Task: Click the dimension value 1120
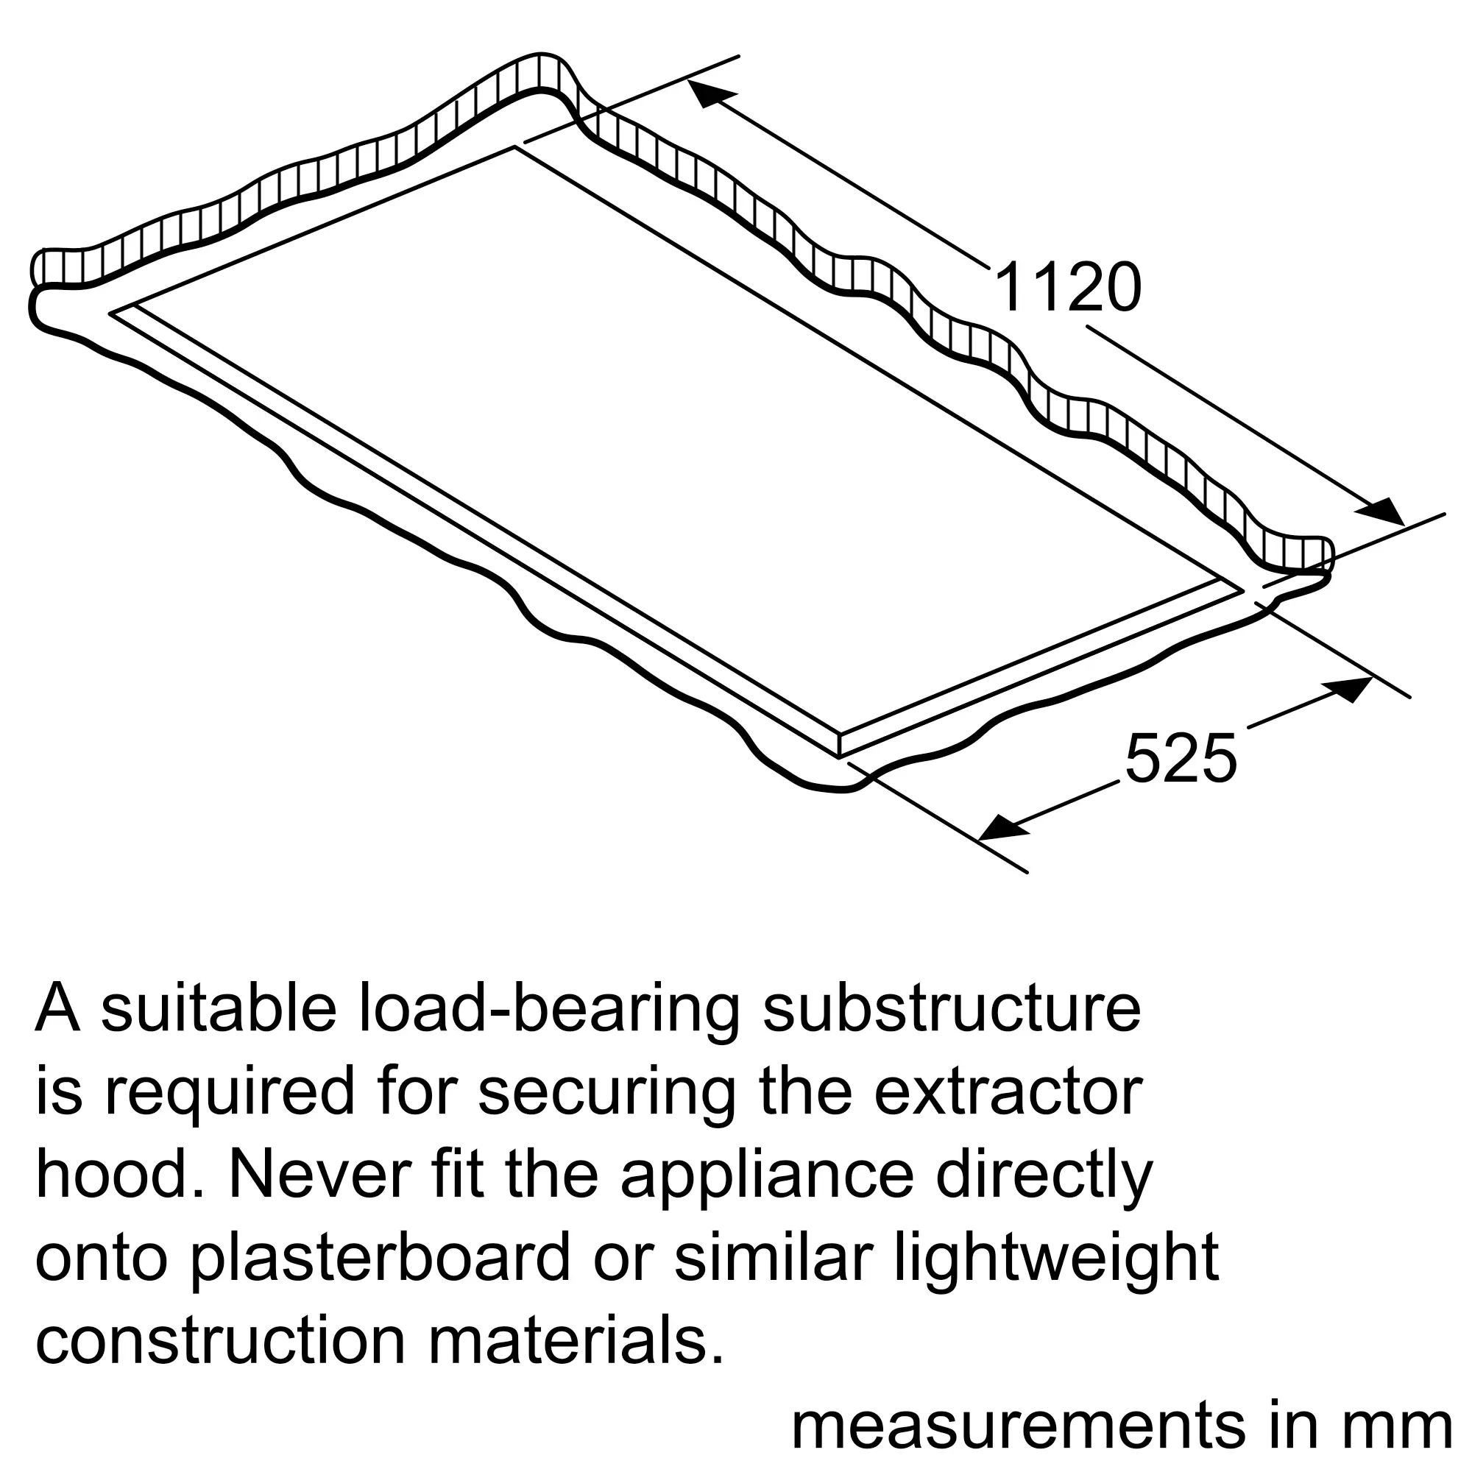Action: click(x=1067, y=288)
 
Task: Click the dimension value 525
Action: click(x=1181, y=758)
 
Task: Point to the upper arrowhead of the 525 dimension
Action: click(x=1349, y=689)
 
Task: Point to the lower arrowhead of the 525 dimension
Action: click(x=1002, y=826)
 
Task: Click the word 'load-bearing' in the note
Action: click(x=548, y=1010)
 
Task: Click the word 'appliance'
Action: click(x=765, y=1175)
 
